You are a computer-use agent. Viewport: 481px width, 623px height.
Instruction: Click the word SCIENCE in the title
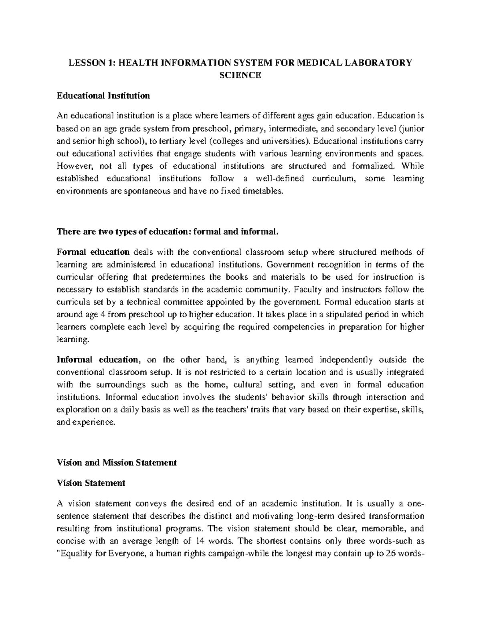[x=241, y=75]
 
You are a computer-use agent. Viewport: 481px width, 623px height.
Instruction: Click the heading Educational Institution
[x=103, y=96]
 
